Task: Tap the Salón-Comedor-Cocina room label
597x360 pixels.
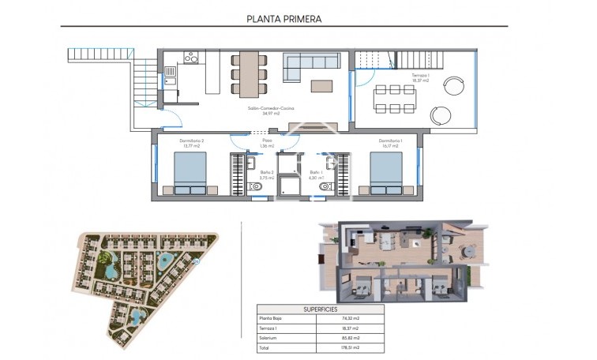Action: pyautogui.click(x=261, y=111)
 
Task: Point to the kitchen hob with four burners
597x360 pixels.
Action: pyautogui.click(x=190, y=57)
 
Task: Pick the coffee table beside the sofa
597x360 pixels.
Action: pyautogui.click(x=322, y=85)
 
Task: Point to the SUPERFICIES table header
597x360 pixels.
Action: pyautogui.click(x=320, y=309)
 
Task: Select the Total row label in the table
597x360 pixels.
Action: pyautogui.click(x=265, y=346)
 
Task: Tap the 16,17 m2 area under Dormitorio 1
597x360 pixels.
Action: pyautogui.click(x=391, y=146)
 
